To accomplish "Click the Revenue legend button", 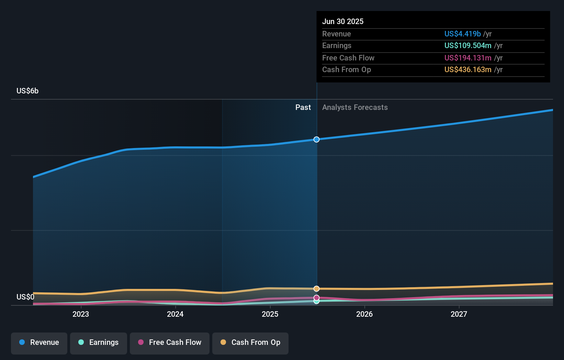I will tap(39, 343).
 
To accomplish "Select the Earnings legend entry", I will tap(99, 343).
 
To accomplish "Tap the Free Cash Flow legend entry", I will tap(170, 343).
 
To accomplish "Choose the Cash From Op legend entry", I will tap(250, 343).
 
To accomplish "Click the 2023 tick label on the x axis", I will tap(81, 314).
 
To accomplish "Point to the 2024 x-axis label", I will tap(175, 314).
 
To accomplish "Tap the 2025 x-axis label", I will tap(270, 314).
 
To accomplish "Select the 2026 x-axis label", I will tap(364, 314).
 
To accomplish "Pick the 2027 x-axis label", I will tap(459, 314).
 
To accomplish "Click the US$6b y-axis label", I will tap(27, 91).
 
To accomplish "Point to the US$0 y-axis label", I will tap(25, 297).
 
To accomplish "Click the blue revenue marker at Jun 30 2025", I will tap(316, 139).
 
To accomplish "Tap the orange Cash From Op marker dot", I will tap(316, 289).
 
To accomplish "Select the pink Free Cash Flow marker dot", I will tap(316, 297).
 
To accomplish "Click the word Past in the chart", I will tap(303, 108).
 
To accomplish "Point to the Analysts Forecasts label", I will tap(355, 108).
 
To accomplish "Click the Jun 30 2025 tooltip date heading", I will tap(343, 22).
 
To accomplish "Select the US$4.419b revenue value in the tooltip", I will tap(462, 34).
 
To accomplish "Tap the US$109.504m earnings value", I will tap(468, 46).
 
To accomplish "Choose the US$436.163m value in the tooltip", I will tap(468, 70).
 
